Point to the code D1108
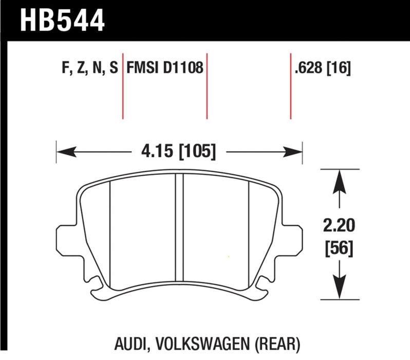tap(183, 68)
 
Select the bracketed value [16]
tap(340, 68)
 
